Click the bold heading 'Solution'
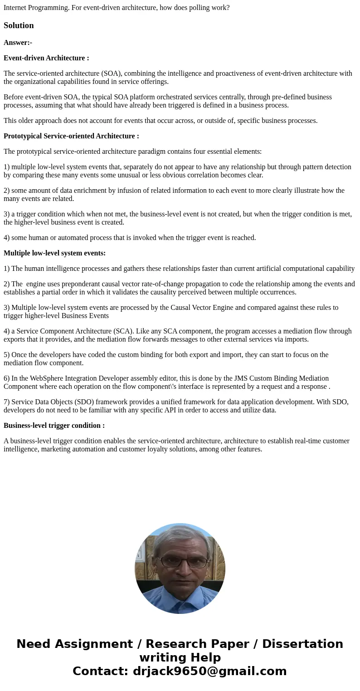(19, 25)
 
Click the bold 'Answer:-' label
(18, 43)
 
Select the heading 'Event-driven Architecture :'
(46, 58)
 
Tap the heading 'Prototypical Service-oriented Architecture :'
(71, 136)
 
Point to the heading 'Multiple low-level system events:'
(54, 253)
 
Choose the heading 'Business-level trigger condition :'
(54, 426)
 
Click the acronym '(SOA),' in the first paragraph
(109, 74)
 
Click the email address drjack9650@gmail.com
(210, 671)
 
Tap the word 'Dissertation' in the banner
(302, 644)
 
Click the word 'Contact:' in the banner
(100, 671)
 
